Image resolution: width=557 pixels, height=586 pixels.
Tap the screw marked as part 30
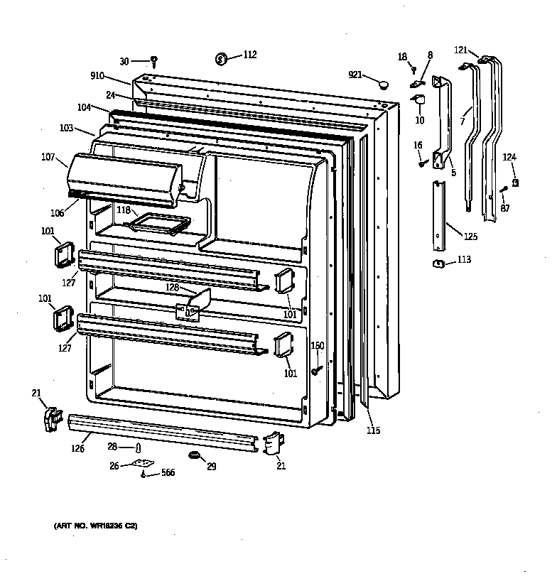[x=153, y=61]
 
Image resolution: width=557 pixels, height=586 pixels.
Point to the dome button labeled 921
[x=384, y=85]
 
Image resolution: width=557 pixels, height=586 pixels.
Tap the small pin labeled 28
[x=139, y=447]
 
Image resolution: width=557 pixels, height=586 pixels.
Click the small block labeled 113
[x=438, y=264]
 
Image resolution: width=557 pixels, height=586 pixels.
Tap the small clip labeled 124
[x=515, y=183]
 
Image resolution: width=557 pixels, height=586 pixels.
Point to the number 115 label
[x=373, y=430]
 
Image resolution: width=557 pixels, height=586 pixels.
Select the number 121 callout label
[x=461, y=50]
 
